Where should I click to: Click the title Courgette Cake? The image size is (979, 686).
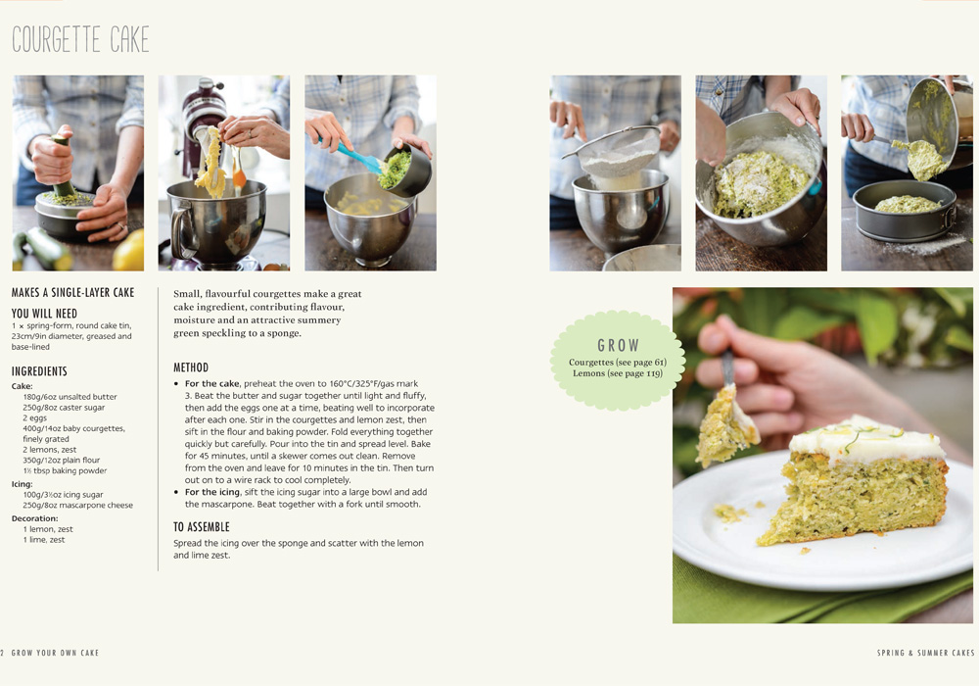80,39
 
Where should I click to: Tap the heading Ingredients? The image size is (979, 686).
39,371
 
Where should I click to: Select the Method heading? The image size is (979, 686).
191,367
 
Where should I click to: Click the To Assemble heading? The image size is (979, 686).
202,526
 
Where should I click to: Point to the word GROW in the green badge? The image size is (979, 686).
618,346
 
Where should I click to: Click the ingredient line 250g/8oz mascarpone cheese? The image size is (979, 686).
78,505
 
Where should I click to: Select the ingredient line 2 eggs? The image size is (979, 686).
35,418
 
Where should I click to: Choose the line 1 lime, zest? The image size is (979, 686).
44,540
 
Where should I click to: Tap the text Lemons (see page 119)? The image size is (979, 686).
618,373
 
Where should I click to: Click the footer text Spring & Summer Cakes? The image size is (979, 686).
926,653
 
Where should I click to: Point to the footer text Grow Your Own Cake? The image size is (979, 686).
55,653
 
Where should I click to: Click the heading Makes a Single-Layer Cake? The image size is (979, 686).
73,292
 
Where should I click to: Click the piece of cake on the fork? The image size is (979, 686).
726,426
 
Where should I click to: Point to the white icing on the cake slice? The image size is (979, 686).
866,440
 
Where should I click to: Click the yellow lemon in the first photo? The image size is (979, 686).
129,251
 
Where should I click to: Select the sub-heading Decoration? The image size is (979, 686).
34,518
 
